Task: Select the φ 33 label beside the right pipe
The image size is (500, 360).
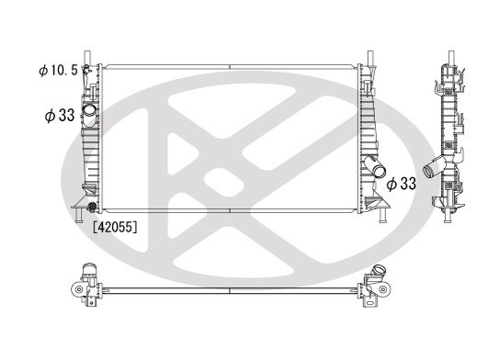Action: (x=403, y=184)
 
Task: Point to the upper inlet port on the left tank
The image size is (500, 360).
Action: (x=88, y=114)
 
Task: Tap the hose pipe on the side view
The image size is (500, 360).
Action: (x=434, y=168)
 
